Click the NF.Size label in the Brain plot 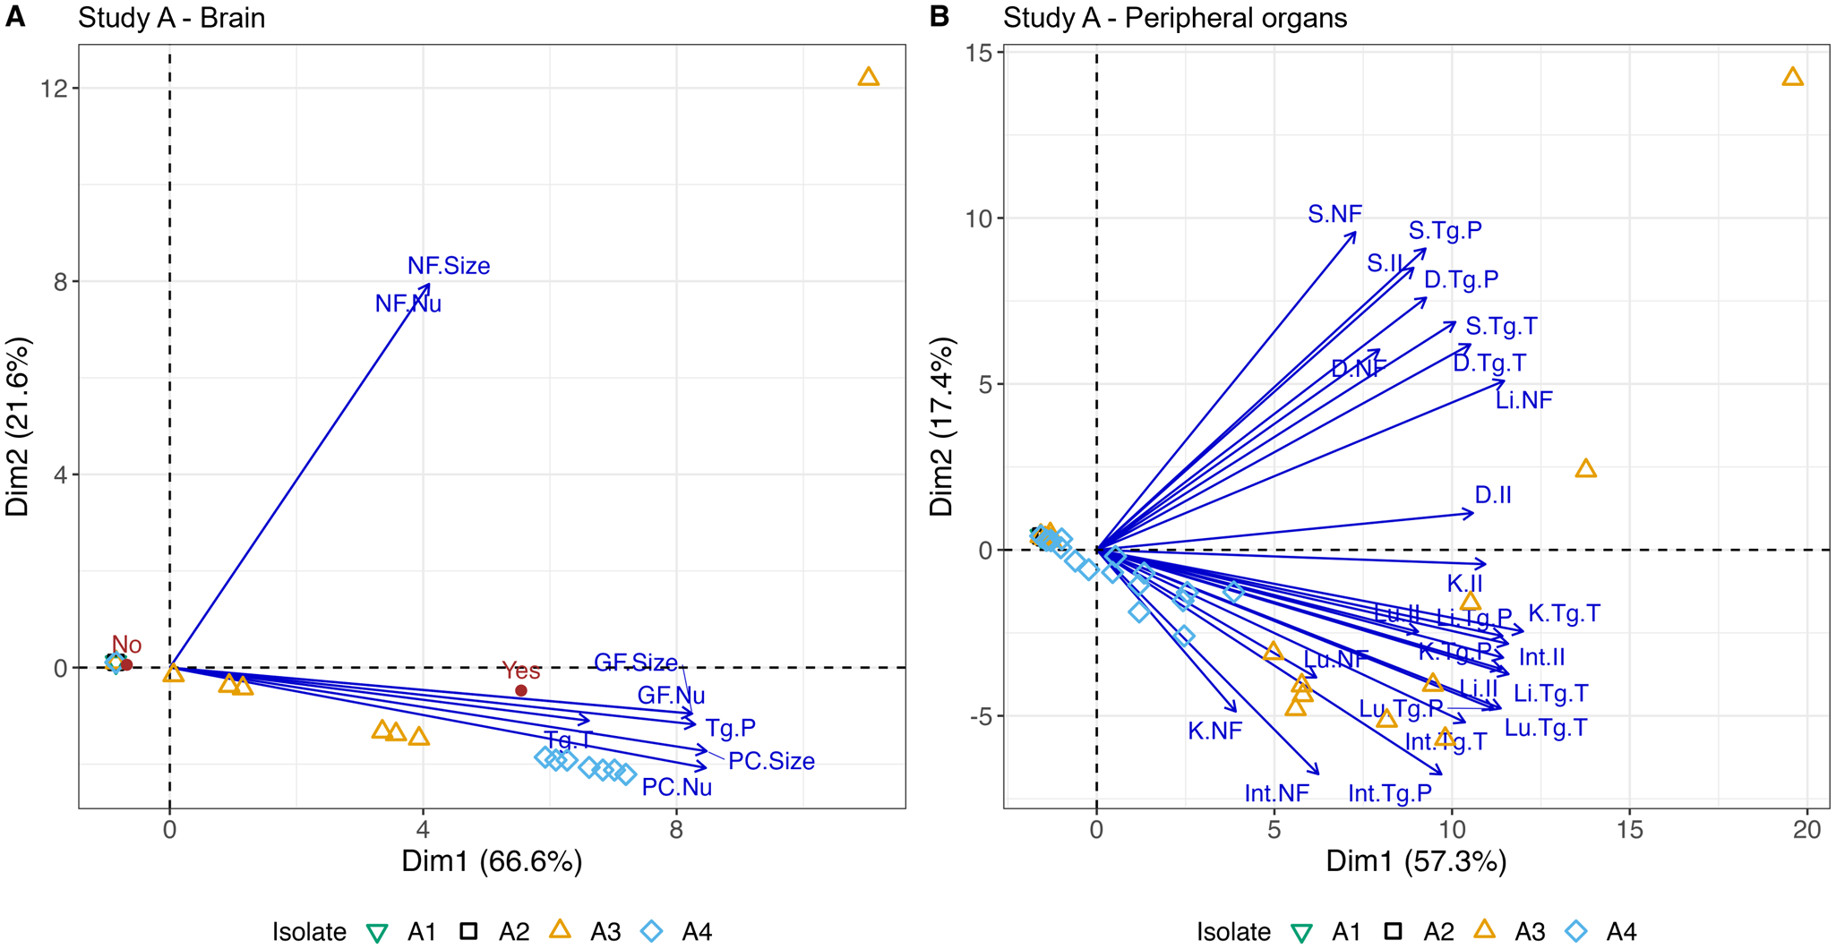(x=449, y=266)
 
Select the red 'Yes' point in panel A (x=521, y=690)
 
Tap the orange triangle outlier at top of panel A (x=868, y=77)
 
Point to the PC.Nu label (x=677, y=788)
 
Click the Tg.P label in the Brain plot (x=731, y=728)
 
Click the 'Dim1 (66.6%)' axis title (x=492, y=861)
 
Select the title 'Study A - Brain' (x=171, y=18)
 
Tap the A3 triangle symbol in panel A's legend (x=560, y=930)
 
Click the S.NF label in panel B (x=1334, y=214)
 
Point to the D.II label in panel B (x=1493, y=495)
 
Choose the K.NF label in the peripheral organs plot (x=1215, y=731)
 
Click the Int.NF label (x=1276, y=793)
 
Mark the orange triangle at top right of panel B (x=1792, y=77)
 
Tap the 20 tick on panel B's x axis (x=1807, y=829)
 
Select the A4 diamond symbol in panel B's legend (x=1576, y=931)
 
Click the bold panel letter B (x=939, y=16)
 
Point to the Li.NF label (x=1523, y=400)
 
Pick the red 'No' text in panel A (x=127, y=645)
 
